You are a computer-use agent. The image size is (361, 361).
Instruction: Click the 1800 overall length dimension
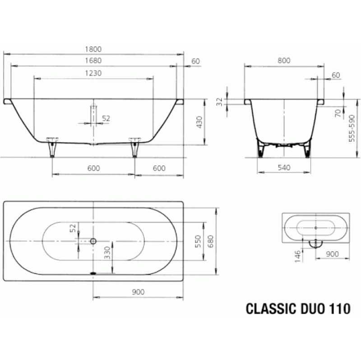pos(93,49)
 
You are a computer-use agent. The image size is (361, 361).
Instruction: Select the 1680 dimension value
pos(93,60)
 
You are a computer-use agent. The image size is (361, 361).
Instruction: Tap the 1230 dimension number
pos(93,73)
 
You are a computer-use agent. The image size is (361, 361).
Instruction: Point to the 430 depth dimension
pos(199,122)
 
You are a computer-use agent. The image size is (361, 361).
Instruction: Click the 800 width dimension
pos(284,60)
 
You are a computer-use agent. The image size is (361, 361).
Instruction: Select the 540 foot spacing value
pos(284,167)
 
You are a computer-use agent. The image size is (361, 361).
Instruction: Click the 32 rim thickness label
pos(220,102)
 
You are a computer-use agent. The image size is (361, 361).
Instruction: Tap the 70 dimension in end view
pos(338,113)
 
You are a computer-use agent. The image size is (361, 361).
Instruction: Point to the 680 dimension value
pos(211,241)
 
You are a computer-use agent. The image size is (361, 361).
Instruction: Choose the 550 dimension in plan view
pos(198,241)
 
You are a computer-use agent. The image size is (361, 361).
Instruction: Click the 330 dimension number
pos(107,253)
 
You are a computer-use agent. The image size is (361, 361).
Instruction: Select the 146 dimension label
pos(298,256)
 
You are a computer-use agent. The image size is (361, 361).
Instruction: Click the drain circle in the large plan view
pos(93,241)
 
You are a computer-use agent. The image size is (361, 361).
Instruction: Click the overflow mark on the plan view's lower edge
pos(93,273)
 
